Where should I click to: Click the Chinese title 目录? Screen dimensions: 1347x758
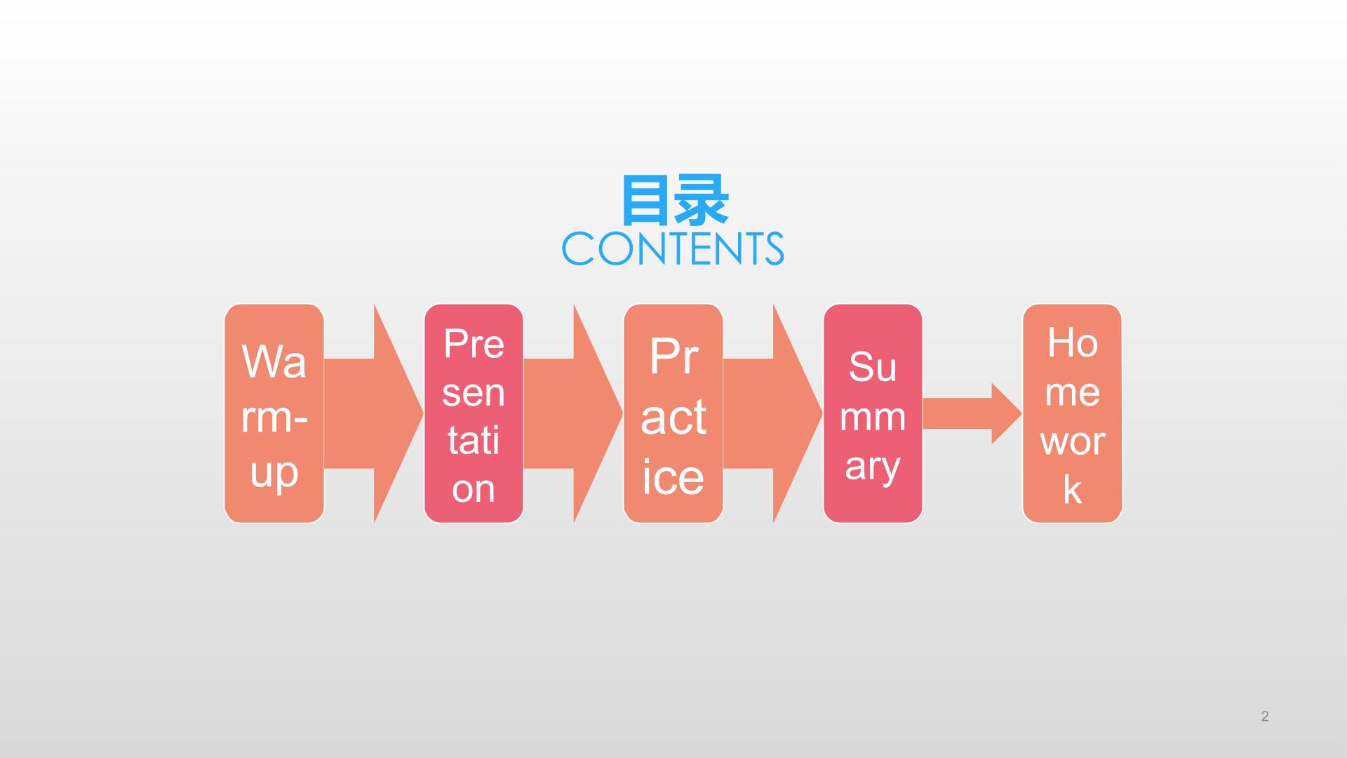coord(674,201)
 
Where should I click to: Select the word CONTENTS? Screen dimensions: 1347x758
coord(673,248)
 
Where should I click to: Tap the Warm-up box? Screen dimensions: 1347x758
coord(274,413)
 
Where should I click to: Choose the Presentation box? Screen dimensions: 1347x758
coord(474,413)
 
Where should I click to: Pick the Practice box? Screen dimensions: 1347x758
coord(673,413)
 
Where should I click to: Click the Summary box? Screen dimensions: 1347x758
coord(873,413)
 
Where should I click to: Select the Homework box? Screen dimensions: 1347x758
coord(1072,413)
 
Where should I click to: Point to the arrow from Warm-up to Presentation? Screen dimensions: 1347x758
coord(374,413)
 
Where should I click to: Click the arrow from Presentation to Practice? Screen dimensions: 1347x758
coord(573,413)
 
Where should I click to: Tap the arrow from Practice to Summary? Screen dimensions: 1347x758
coord(773,413)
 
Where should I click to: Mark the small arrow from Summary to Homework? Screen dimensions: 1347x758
coord(972,413)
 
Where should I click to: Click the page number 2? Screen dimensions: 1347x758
coord(1265,717)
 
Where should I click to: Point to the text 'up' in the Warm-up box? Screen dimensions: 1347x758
coord(274,474)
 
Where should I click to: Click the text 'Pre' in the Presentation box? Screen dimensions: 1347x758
coord(474,344)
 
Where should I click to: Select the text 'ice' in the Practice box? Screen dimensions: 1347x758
coord(673,477)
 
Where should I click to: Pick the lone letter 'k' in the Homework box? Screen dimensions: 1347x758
coord(1072,490)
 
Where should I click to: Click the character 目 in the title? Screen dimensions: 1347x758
coord(645,201)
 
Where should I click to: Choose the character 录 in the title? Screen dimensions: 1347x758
coord(702,201)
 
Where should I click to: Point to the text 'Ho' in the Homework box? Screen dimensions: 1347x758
coord(1072,343)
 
